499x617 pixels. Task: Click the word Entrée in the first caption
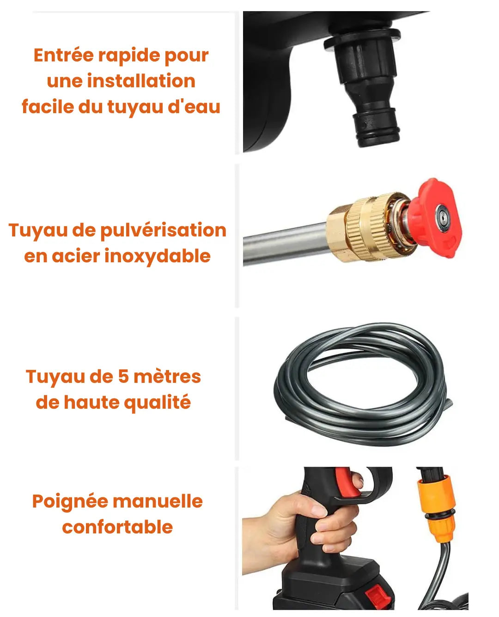pos(64,55)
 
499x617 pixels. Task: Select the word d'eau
pos(194,106)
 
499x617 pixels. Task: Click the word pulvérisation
pos(164,231)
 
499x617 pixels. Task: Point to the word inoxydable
pos(158,256)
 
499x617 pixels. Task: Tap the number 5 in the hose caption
pos(123,376)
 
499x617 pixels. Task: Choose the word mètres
pos(167,376)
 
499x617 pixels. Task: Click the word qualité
pos(158,403)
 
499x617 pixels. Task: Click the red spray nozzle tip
pos(435,218)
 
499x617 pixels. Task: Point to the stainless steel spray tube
pos(286,244)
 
